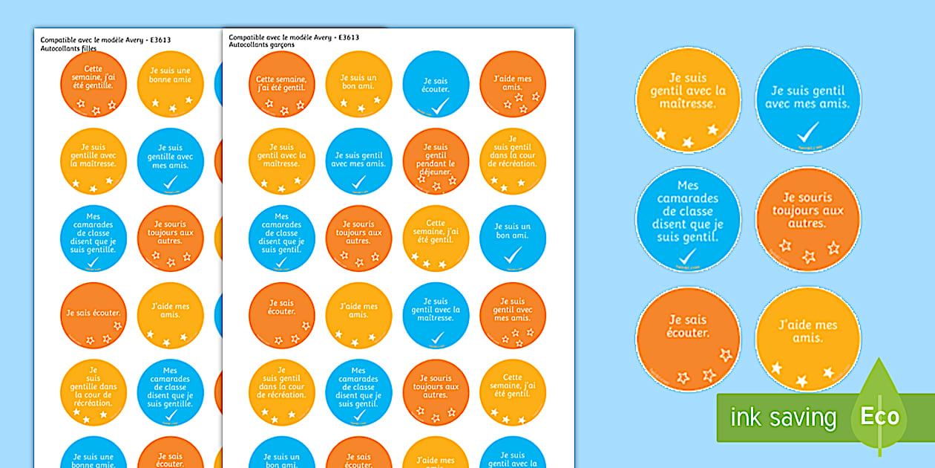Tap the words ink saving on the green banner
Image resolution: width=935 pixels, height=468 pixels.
click(x=783, y=417)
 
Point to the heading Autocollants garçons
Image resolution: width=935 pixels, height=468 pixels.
click(x=261, y=45)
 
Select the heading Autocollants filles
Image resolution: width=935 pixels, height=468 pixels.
click(x=68, y=48)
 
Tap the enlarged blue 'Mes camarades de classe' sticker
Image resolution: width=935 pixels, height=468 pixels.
click(x=688, y=220)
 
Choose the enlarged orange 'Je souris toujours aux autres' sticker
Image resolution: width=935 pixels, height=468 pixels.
click(x=808, y=220)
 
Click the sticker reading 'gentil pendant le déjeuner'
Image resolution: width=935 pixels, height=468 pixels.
click(x=436, y=161)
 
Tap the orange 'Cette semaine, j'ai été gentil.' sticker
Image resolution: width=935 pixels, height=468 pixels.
click(x=281, y=84)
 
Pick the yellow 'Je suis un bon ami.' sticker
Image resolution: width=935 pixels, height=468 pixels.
click(x=358, y=84)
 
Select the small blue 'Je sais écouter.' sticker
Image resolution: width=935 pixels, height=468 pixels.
click(x=436, y=84)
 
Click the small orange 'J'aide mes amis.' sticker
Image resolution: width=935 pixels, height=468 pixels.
click(x=513, y=84)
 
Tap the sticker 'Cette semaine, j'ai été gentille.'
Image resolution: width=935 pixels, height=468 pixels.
click(x=93, y=84)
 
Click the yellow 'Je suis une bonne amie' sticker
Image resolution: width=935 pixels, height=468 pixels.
click(x=170, y=84)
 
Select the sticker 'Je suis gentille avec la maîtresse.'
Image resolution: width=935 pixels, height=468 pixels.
click(x=93, y=161)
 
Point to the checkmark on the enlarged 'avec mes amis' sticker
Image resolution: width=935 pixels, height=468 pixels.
click(x=807, y=132)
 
